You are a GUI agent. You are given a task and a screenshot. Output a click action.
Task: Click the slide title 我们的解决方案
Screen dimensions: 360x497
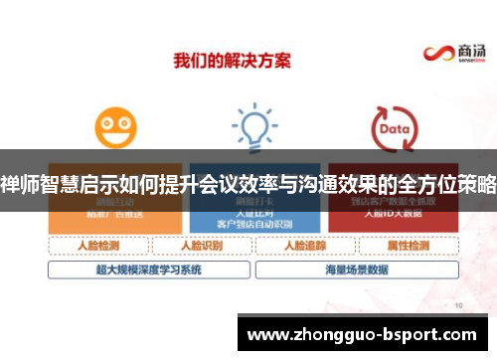[233, 60]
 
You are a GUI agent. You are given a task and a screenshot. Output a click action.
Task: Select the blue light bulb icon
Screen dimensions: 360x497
[253, 128]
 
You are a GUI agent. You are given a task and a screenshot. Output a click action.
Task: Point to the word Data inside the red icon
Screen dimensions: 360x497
[394, 129]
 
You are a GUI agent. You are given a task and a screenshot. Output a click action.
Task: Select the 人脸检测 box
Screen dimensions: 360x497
[97, 245]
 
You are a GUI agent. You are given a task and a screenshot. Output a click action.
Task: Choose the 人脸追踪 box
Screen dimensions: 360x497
[303, 245]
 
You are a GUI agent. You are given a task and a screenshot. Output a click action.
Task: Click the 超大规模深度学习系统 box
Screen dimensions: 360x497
[149, 269]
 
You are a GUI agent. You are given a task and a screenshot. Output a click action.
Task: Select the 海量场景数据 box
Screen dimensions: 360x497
[355, 269]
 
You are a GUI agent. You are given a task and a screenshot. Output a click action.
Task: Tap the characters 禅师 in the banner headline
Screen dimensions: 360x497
[16, 185]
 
